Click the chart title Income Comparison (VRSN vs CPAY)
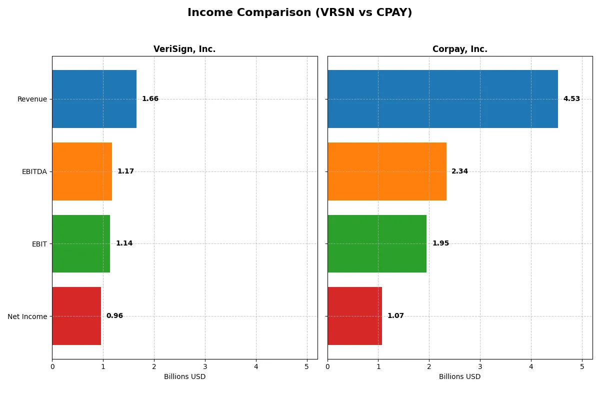click(299, 13)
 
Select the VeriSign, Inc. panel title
click(184, 49)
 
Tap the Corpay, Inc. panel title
click(459, 49)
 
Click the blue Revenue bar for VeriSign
click(94, 99)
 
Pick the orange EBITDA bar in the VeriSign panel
click(82, 171)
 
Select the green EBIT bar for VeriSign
click(81, 243)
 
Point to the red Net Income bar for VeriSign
click(76, 316)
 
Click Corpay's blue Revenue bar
click(442, 99)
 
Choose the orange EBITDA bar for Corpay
click(387, 171)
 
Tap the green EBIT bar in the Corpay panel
click(377, 243)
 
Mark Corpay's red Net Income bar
click(354, 316)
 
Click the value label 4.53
click(571, 99)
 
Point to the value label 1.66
click(150, 99)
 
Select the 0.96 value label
click(114, 316)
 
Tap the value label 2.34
click(459, 171)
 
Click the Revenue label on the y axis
click(32, 99)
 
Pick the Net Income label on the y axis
click(27, 316)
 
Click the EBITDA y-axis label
click(34, 171)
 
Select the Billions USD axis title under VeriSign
click(184, 376)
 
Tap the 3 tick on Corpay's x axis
click(480, 366)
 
